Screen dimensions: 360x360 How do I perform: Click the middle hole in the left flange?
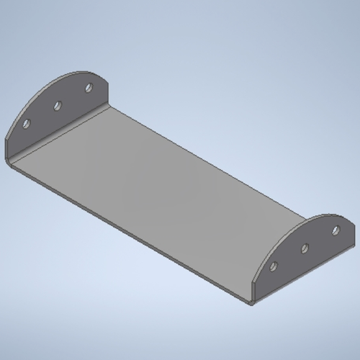click(58, 106)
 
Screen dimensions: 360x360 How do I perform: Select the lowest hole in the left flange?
click(27, 124)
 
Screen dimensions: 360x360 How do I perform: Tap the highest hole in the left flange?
click(89, 88)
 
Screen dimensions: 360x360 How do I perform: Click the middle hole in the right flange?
click(305, 248)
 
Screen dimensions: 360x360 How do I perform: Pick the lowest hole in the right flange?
click(274, 266)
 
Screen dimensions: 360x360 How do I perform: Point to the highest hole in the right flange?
click(336, 230)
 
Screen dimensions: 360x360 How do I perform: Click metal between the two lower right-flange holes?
click(289, 258)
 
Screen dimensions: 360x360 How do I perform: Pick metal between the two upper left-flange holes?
click(73, 97)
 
